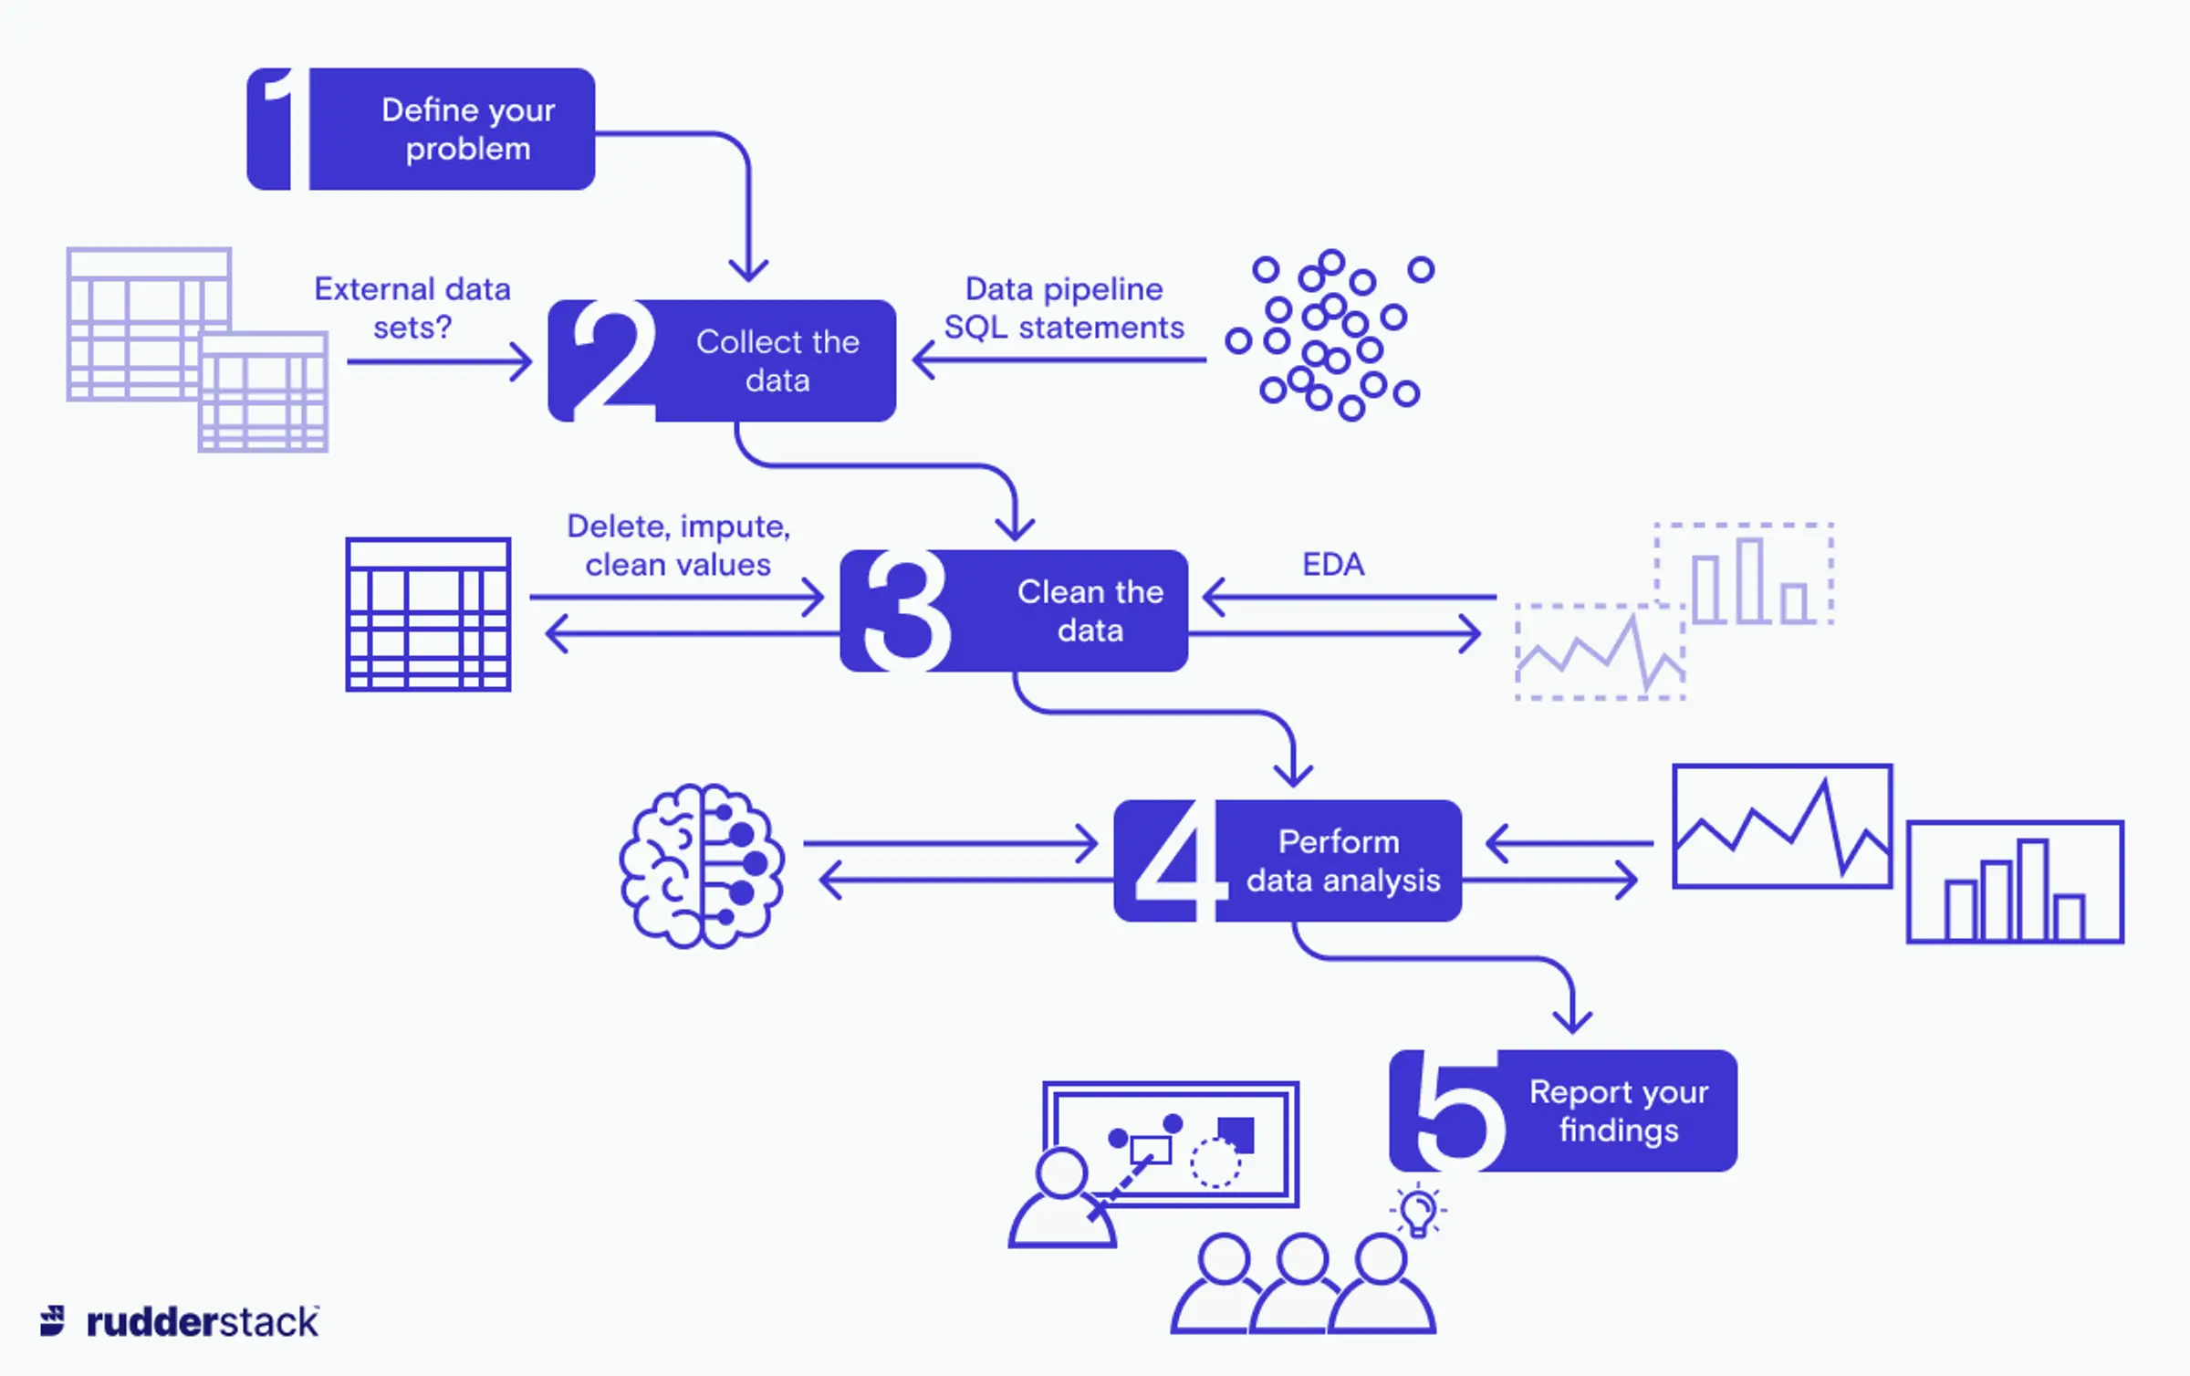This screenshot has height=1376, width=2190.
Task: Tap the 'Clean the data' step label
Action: click(x=1090, y=610)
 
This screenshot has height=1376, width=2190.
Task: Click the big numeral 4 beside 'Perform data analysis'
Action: click(x=1173, y=861)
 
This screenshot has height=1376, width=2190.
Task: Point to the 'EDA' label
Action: click(x=1332, y=564)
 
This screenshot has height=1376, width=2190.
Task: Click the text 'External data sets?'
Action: click(x=412, y=308)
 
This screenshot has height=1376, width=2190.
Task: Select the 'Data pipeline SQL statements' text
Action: click(x=1063, y=308)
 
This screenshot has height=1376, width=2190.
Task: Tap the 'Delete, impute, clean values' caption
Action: click(x=677, y=545)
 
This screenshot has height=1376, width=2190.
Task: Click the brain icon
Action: click(x=701, y=865)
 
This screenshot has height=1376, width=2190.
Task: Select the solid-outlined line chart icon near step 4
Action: click(x=1781, y=826)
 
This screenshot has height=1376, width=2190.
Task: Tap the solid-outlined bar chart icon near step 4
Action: click(x=2014, y=882)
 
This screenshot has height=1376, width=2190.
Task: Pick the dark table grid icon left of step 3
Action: click(x=427, y=614)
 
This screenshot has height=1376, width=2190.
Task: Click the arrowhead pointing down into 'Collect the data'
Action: click(x=748, y=269)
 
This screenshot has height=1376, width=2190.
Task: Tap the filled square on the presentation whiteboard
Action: click(x=1236, y=1134)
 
